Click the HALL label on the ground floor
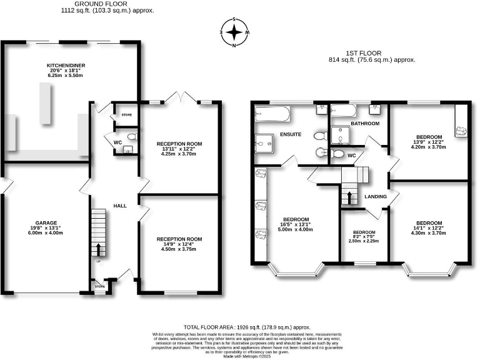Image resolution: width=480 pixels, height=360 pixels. [x=120, y=206]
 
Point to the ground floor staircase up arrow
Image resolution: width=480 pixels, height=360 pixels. [x=98, y=250]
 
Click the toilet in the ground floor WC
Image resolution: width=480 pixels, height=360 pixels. [x=131, y=137]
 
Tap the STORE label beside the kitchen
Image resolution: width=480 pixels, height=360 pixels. [x=127, y=114]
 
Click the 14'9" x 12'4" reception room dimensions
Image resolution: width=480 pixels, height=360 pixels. [x=179, y=249]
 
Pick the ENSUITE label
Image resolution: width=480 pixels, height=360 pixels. [x=291, y=134]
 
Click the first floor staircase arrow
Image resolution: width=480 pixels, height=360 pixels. [x=349, y=198]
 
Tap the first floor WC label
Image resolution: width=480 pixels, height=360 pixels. [x=351, y=155]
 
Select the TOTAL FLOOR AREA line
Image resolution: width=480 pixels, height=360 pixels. [x=246, y=327]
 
